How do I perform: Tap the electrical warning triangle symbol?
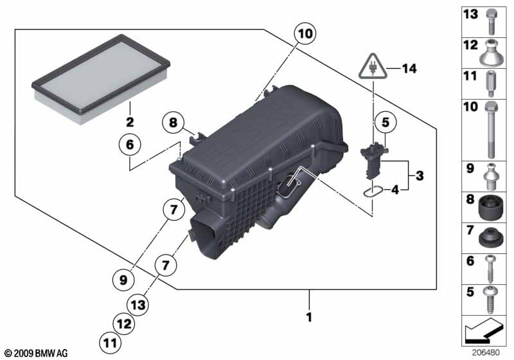click(372, 66)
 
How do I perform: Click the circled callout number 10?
click(305, 33)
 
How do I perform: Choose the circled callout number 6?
click(129, 146)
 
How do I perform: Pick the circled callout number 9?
click(124, 279)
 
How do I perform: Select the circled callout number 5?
click(385, 122)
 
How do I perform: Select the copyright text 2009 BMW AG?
click(35, 354)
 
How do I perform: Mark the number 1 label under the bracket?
click(309, 316)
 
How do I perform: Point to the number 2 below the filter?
click(130, 122)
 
